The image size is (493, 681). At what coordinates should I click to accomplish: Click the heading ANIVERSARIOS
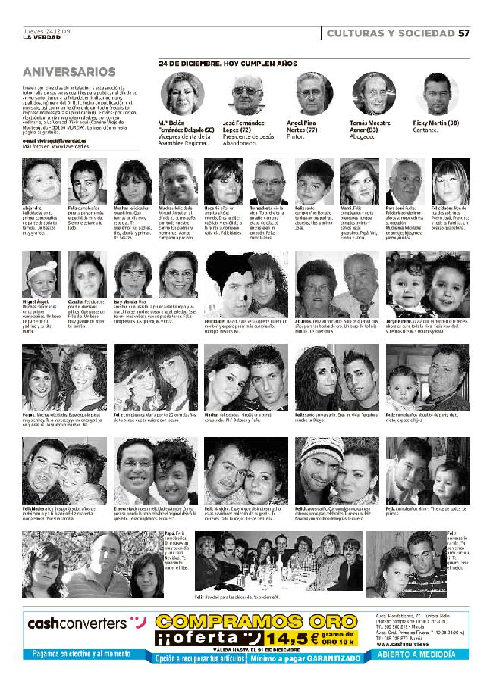click(69, 72)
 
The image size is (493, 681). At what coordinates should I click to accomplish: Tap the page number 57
click(465, 33)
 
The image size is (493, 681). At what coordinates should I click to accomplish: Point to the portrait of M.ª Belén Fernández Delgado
click(183, 94)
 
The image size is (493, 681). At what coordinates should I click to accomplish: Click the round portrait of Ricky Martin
click(441, 94)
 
